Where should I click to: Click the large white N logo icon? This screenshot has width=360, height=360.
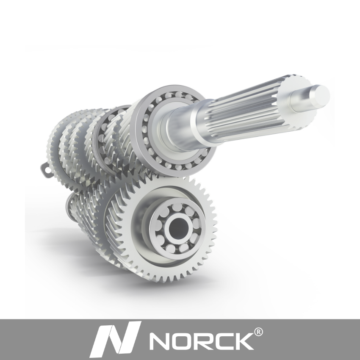(115, 339)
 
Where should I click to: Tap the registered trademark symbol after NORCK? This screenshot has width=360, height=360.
(258, 332)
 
